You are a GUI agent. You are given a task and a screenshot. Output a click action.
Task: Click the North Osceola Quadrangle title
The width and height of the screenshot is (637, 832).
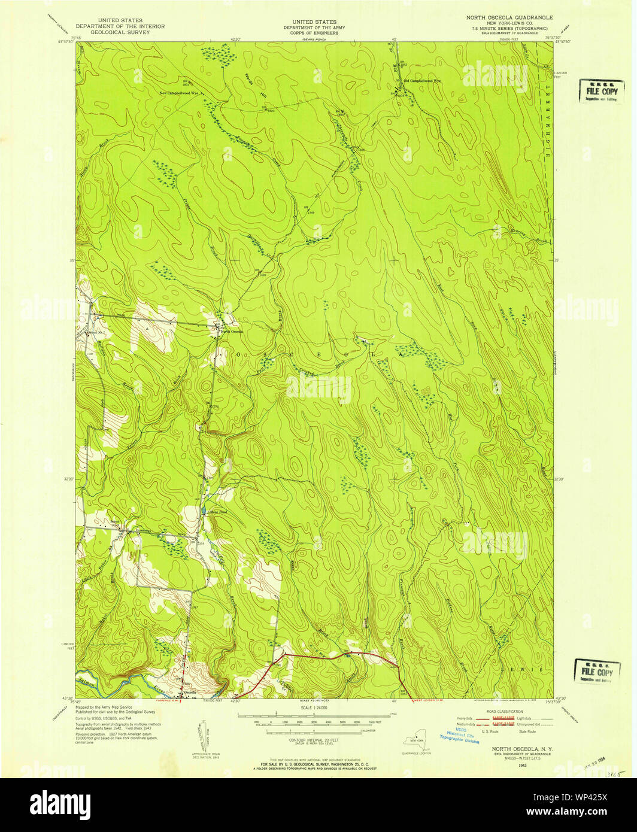point(509,18)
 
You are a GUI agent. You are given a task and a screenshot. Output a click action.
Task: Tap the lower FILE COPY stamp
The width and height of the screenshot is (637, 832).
point(596,671)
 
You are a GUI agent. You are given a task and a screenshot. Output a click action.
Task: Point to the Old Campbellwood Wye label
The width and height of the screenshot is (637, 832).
point(422,81)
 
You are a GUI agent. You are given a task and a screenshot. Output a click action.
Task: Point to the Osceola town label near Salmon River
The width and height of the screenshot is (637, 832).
point(190,693)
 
